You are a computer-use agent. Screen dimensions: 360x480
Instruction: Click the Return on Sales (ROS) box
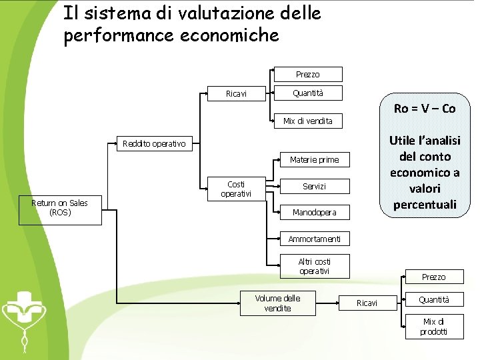pyautogui.click(x=59, y=208)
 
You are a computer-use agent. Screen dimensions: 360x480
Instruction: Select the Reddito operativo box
pyautogui.click(x=154, y=143)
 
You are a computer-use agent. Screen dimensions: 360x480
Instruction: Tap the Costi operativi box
pyautogui.click(x=235, y=189)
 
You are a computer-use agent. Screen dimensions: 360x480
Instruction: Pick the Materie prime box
pyautogui.click(x=314, y=159)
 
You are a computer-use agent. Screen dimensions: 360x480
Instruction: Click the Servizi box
pyautogui.click(x=314, y=187)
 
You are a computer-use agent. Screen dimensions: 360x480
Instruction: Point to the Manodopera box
pyautogui.click(x=314, y=213)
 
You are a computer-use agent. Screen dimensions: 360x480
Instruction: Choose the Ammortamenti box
pyautogui.click(x=314, y=239)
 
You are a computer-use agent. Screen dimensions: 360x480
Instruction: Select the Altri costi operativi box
pyautogui.click(x=314, y=266)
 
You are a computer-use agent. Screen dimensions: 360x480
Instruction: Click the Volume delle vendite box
pyautogui.click(x=277, y=303)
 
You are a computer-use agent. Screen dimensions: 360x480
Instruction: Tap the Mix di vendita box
pyautogui.click(x=307, y=121)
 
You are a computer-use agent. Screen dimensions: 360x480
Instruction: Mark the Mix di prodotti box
pyautogui.click(x=433, y=327)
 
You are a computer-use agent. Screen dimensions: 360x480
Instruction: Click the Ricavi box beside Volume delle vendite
pyautogui.click(x=367, y=303)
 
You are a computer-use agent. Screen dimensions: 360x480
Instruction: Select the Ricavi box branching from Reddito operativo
pyautogui.click(x=236, y=94)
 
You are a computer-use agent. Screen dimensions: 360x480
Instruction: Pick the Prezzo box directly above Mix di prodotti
pyautogui.click(x=433, y=277)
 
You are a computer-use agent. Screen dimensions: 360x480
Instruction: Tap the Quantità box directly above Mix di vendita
pyautogui.click(x=307, y=93)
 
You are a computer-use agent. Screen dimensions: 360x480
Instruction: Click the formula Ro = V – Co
pyautogui.click(x=425, y=109)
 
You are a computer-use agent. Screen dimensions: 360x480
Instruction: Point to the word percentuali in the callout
pyautogui.click(x=425, y=205)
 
